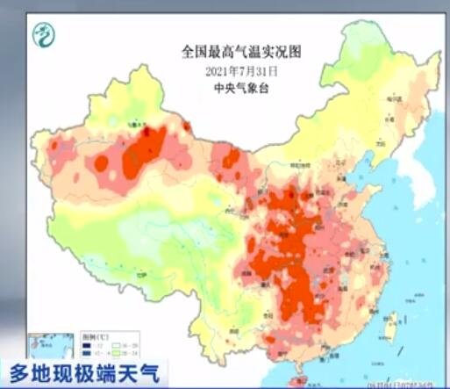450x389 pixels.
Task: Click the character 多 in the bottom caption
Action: [x=19, y=372]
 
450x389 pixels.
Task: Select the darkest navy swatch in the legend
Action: [x=85, y=346]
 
